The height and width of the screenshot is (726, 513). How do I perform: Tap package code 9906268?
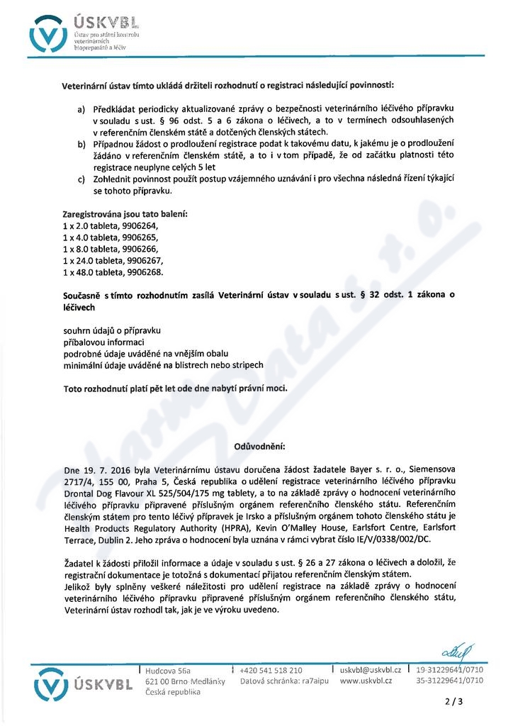(x=142, y=272)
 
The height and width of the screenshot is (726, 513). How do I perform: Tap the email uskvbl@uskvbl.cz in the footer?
(x=371, y=670)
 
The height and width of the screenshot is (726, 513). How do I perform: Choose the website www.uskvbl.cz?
(x=367, y=681)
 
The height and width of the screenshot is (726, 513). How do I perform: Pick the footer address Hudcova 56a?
(x=168, y=670)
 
